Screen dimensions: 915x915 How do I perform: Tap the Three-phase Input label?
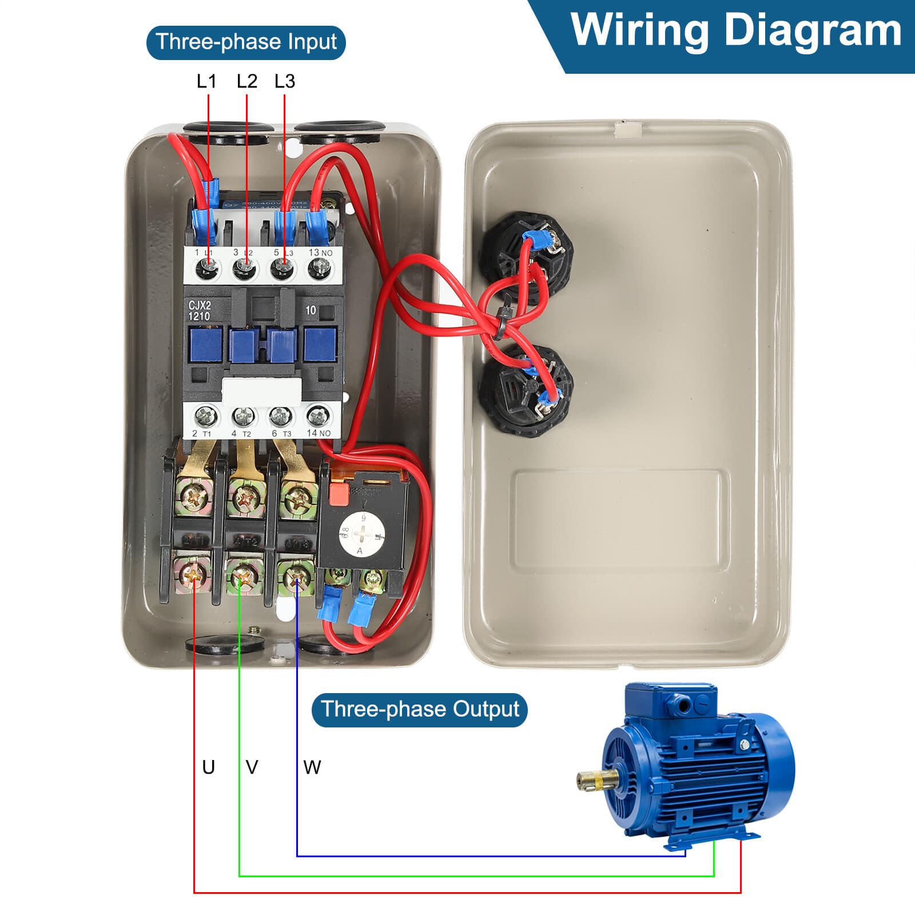pos(246,42)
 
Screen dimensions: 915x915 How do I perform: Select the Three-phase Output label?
pos(419,710)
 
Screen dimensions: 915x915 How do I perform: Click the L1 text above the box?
pos(206,81)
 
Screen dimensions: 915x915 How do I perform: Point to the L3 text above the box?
pos(285,81)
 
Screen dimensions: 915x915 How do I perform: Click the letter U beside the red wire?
pos(208,767)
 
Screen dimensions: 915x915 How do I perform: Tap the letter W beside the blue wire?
pos(312,767)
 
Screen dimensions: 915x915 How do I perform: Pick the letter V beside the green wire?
pos(252,767)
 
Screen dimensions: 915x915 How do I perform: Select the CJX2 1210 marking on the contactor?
pos(200,311)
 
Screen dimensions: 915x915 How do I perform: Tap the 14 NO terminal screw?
pos(319,415)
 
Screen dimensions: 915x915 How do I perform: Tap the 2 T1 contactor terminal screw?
pos(206,416)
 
